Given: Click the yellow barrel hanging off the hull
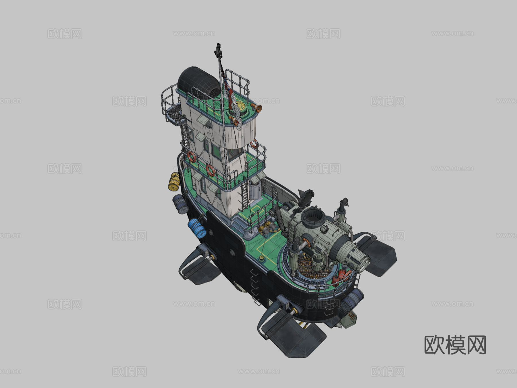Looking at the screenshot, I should coord(174,182).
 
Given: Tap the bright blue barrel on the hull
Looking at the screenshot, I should coord(197,228).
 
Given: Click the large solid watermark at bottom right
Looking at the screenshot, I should coord(455,345).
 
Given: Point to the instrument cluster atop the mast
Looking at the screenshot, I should coord(218,50).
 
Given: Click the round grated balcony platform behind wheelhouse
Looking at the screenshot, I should coord(174,114).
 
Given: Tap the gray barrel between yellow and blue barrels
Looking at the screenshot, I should coord(180,204).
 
